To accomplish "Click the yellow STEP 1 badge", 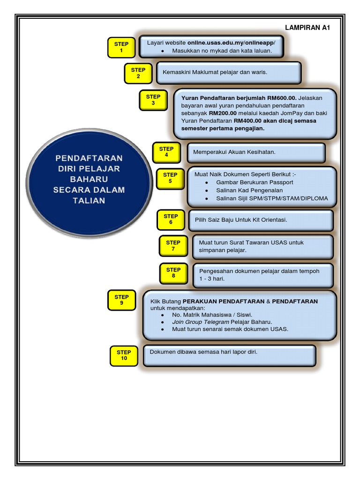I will click(121, 47).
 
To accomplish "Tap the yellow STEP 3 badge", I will click(153, 100).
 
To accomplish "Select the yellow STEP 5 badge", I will click(170, 178).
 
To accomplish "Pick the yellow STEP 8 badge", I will click(173, 273).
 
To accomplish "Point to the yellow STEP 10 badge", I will click(124, 355).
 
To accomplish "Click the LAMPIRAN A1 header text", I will click(307, 28).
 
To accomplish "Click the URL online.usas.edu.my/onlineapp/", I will click(232, 43).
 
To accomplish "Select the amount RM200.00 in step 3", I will click(223, 113).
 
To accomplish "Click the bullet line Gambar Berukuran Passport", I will click(255, 182).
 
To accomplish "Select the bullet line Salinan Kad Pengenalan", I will click(249, 190).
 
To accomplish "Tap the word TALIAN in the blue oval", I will click(89, 201).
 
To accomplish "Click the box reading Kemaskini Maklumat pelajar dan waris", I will click(228, 73).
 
